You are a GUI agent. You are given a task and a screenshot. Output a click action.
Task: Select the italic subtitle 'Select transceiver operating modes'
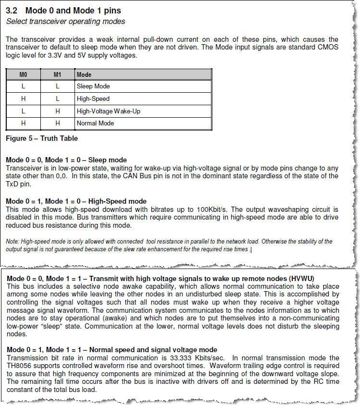click(65, 21)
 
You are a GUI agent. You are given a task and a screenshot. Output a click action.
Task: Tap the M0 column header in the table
click(23, 74)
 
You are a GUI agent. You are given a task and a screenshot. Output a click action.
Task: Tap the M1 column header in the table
click(57, 74)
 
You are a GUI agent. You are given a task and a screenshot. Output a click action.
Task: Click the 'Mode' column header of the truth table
click(84, 74)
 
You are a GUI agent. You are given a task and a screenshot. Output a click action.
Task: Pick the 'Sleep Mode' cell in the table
click(93, 86)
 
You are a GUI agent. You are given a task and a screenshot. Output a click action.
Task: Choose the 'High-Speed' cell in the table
click(93, 98)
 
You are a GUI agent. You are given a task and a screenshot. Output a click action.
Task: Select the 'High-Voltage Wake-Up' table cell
click(109, 111)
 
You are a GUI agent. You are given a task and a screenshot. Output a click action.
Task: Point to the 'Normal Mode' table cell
click(95, 123)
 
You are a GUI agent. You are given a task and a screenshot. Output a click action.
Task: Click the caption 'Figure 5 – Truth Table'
click(42, 138)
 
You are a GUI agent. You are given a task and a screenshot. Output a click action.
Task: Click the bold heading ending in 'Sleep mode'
click(66, 160)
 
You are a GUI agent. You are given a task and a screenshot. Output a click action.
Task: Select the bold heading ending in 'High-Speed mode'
click(76, 201)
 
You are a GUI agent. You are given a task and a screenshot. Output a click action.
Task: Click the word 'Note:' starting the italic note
click(13, 241)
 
